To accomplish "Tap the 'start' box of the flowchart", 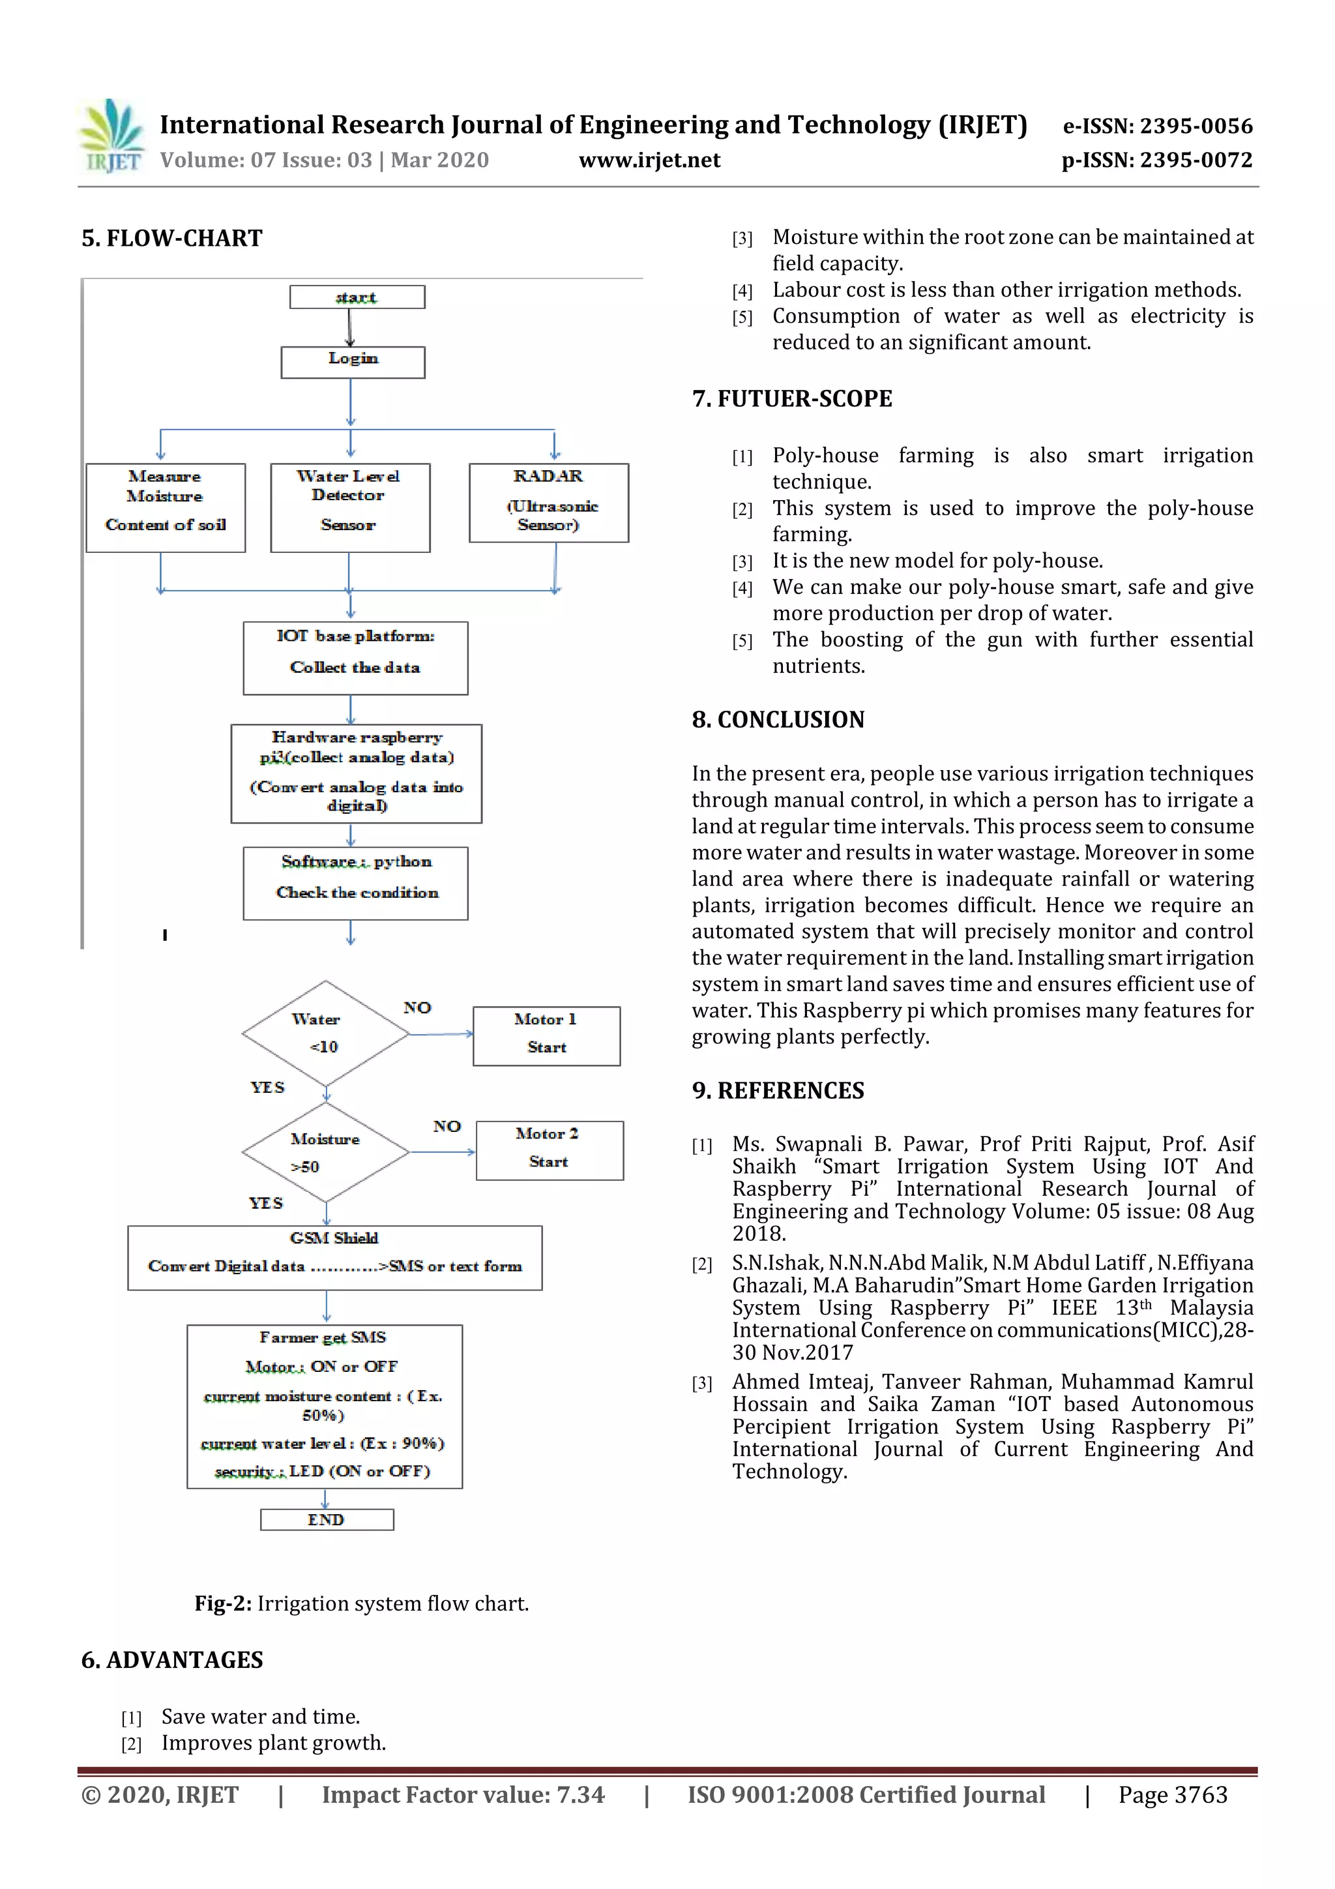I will [x=357, y=297].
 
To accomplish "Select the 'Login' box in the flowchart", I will [x=353, y=361].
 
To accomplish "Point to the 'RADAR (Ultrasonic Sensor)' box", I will [x=549, y=502].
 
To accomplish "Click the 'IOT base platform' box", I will [x=355, y=657].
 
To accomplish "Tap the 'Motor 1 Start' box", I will [x=546, y=1035].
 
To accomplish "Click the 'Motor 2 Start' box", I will [x=549, y=1150].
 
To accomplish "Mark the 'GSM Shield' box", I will [x=335, y=1257].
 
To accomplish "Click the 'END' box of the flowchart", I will [x=327, y=1519].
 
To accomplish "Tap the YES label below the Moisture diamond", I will [x=266, y=1203].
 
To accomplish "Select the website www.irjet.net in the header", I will [x=649, y=160].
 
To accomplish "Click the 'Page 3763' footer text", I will [x=1172, y=1795].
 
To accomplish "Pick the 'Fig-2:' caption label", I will [x=223, y=1603].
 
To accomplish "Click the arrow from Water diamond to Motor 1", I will [x=441, y=1034].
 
